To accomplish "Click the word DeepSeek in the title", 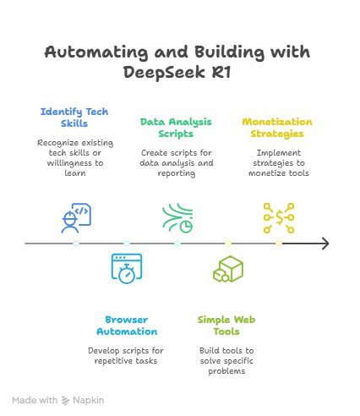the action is (164, 72).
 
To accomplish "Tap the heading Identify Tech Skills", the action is (74, 118).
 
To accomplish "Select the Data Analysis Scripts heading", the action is (176, 128).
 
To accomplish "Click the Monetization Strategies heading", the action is (277, 128).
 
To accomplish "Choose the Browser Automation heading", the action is (127, 326).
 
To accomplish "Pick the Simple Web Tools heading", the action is (226, 326).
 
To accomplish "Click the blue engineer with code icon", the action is (76, 218).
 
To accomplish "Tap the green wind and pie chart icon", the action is (177, 218).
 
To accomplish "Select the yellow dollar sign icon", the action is (279, 218).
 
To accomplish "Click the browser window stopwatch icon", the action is (127, 269).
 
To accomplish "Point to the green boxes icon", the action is (228, 269).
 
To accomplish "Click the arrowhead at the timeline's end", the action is (326, 244).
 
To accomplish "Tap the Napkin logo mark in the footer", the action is (65, 401).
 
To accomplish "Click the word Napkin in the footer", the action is (89, 400).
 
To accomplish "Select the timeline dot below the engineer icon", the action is (76, 244).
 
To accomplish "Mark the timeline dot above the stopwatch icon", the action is (127, 244).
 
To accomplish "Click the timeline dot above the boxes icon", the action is (228, 244).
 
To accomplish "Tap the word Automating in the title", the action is (96, 52).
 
